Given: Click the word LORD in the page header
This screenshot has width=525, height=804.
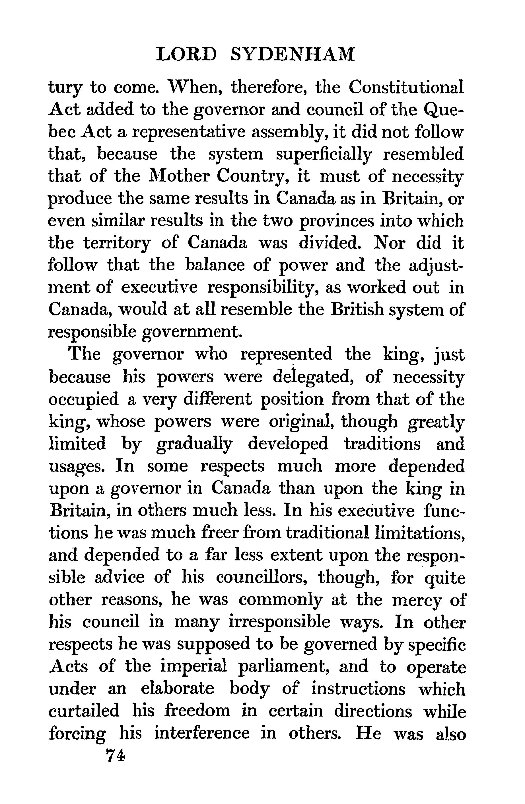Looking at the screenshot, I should coord(186,54).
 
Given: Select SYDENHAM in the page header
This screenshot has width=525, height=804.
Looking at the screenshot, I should coord(293,54).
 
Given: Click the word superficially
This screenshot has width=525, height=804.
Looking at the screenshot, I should coord(324,155).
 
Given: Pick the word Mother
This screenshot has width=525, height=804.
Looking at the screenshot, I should coord(178,176).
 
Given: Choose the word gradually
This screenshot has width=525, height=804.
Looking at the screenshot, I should coord(195,444).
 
